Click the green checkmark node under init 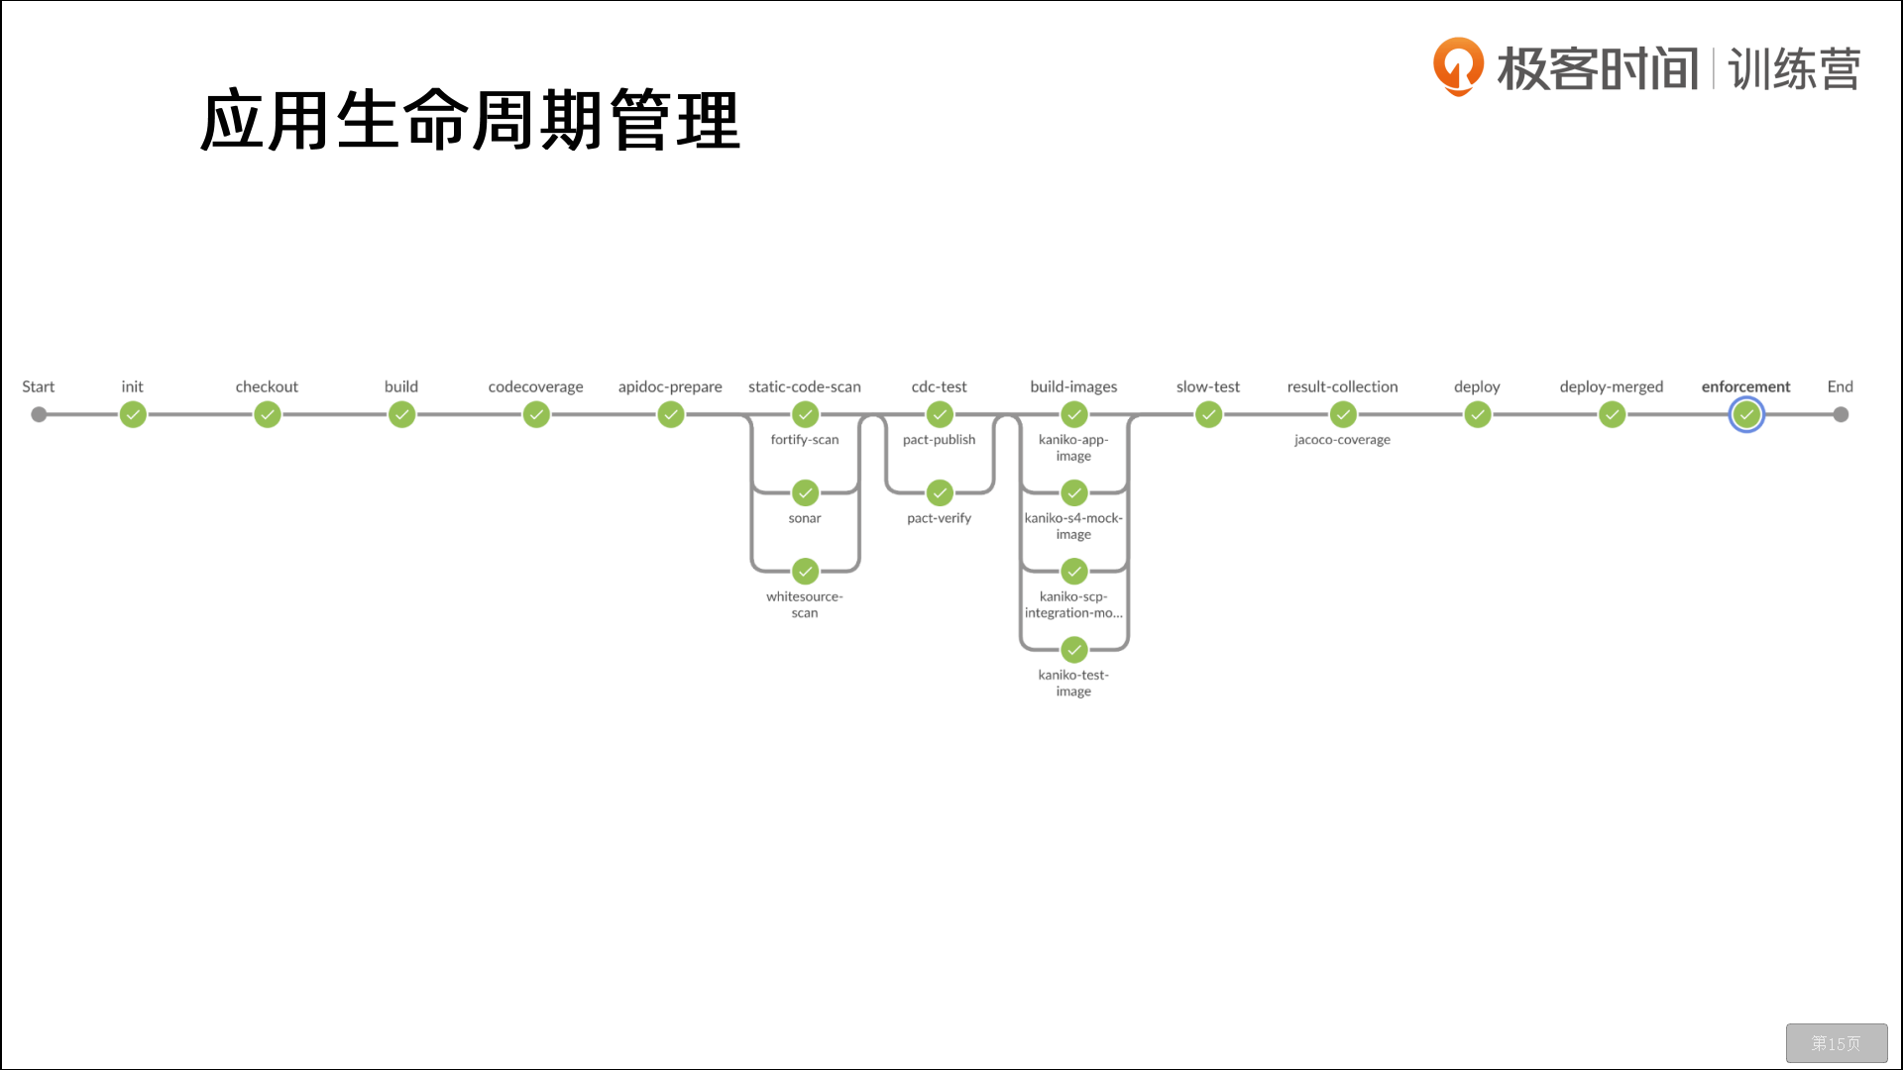pos(133,414)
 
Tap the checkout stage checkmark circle pos(267,414)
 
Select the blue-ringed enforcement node pos(1746,414)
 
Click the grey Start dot pos(39,414)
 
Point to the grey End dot pos(1841,414)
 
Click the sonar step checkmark pos(805,492)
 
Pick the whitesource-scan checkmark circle pos(805,571)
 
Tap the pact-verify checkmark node pos(940,492)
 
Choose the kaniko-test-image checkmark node pos(1074,650)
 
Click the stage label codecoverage pos(535,386)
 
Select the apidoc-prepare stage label pos(670,386)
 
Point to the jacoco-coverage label pos(1342,440)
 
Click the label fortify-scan pos(805,440)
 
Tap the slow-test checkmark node pos(1208,414)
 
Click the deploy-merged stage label pos(1612,386)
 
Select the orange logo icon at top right pos(1458,66)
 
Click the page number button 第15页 pos(1837,1043)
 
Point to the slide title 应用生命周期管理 pos(470,120)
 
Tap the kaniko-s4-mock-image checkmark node pos(1074,492)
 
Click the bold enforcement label pos(1746,386)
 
